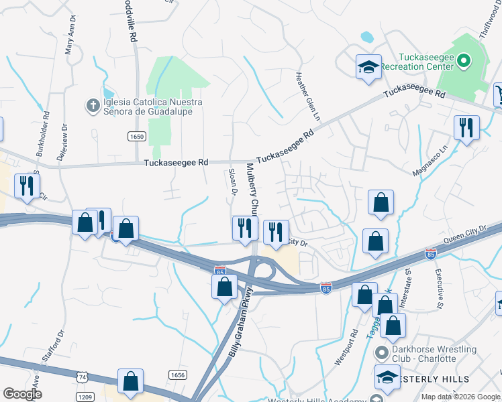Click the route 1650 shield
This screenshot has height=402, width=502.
(x=136, y=136)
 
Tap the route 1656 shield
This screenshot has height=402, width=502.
(x=177, y=375)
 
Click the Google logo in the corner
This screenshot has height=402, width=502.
(x=22, y=394)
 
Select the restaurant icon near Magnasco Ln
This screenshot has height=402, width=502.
(x=466, y=127)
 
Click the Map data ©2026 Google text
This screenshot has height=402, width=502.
(x=460, y=397)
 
